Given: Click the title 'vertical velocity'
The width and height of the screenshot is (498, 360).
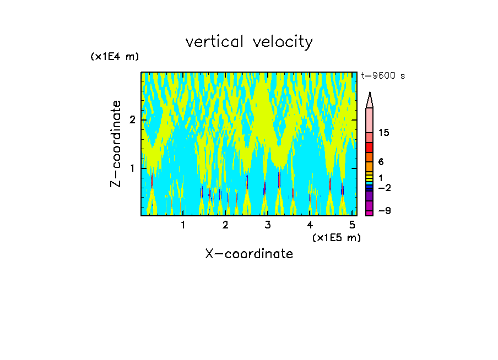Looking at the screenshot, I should [x=249, y=42].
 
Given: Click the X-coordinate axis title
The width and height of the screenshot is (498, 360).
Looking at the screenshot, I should [x=249, y=254].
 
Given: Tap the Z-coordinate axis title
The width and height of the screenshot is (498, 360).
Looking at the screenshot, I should [x=116, y=144].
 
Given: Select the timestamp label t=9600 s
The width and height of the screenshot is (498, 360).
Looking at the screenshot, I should [x=383, y=76].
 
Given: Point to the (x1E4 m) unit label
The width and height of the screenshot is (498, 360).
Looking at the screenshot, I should [x=115, y=57].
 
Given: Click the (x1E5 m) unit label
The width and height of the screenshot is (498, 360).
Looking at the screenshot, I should [x=336, y=237].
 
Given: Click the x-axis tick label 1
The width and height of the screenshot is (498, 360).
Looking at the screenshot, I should [x=183, y=225].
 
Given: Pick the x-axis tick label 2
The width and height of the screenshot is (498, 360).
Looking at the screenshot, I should [x=225, y=225].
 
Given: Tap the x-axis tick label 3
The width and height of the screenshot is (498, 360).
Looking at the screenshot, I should [x=268, y=225].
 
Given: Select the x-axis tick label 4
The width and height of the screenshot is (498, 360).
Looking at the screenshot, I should [x=310, y=225].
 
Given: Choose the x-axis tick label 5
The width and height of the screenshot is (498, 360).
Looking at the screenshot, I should [x=352, y=225].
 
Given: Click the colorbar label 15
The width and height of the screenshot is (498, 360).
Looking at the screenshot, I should [x=384, y=133].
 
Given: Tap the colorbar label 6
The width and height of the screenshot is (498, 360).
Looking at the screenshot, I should [x=381, y=162].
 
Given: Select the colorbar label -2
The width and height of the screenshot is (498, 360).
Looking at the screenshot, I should [x=384, y=188].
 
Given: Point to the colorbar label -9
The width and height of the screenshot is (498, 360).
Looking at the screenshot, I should [x=384, y=211].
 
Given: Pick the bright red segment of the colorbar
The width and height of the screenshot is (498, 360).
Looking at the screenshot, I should [x=370, y=148].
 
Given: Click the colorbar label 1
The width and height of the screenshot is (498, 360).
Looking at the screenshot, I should [x=381, y=177].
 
